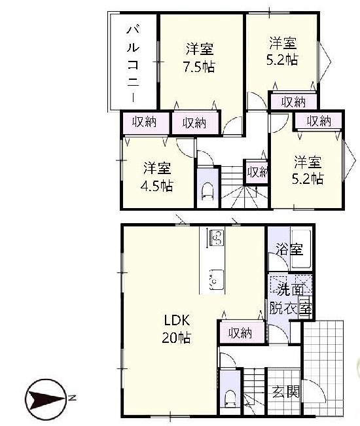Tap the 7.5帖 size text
click(200, 67)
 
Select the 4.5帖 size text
click(157, 186)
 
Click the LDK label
click(177, 321)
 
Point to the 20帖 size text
click(177, 338)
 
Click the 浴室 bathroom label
click(289, 249)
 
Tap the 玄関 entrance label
click(285, 392)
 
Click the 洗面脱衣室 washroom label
click(290, 300)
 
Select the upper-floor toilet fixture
click(207, 192)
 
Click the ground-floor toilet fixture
click(230, 399)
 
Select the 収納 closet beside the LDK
click(242, 333)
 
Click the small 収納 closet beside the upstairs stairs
click(257, 172)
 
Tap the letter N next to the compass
click(72, 399)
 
